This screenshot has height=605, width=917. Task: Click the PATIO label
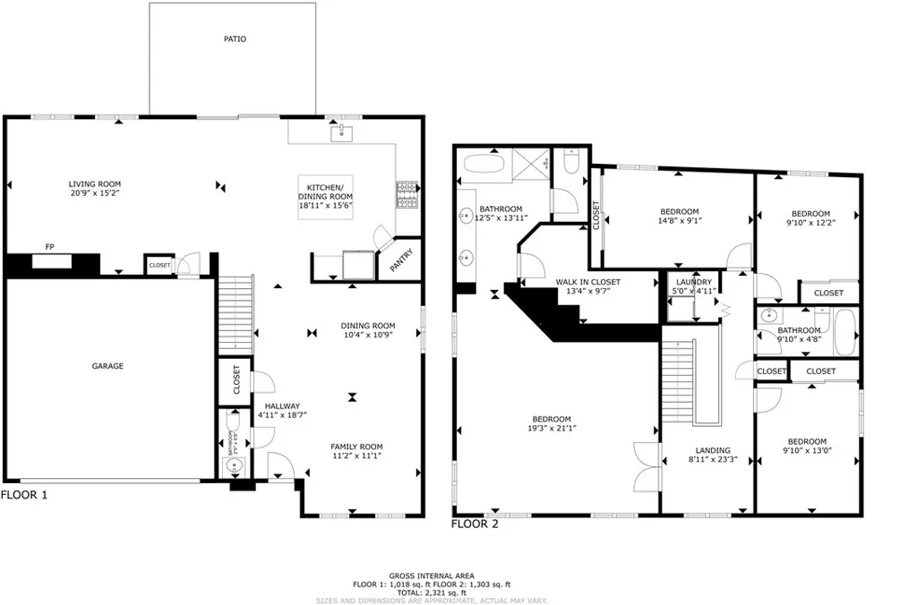pos(235,39)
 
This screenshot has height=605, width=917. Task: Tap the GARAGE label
pos(107,366)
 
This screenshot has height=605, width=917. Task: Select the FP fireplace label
pos(50,248)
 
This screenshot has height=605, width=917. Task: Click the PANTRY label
pos(402,262)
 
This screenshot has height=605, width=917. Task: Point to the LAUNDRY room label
pos(693,282)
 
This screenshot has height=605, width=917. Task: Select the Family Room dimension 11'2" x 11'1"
pos(356,456)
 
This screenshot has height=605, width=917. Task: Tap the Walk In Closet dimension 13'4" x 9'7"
pos(587,291)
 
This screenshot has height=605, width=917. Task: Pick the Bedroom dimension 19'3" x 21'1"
pos(552,429)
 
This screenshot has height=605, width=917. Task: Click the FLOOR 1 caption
pos(24,494)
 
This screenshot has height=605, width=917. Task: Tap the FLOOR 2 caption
pos(474,524)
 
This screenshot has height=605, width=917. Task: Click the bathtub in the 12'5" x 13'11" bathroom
pos(484,166)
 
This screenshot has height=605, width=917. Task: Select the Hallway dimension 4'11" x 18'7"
pos(279,414)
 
